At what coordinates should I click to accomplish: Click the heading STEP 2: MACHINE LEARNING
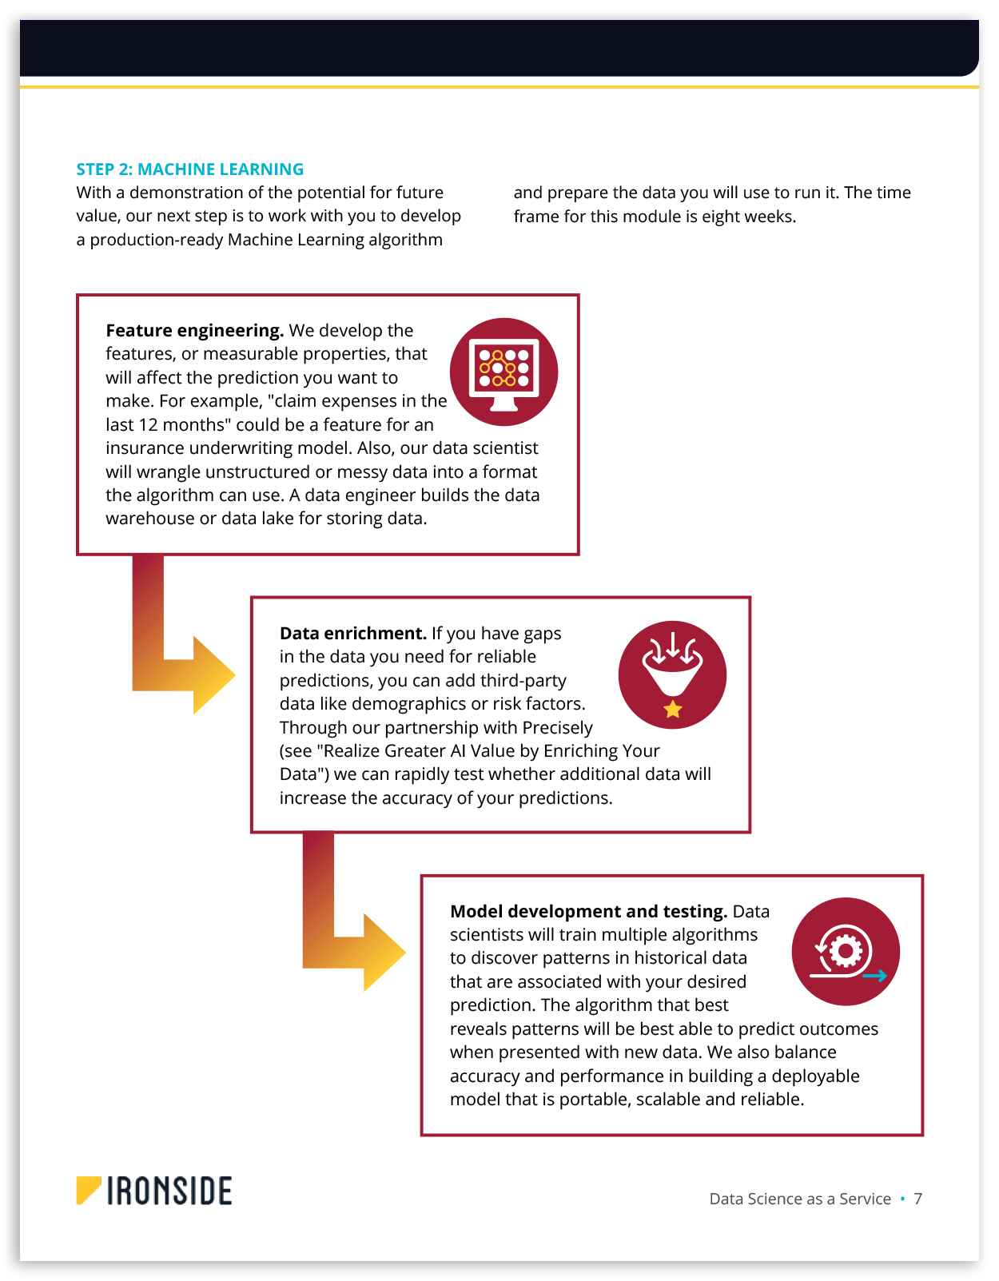click(189, 169)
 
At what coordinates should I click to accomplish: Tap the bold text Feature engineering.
click(194, 331)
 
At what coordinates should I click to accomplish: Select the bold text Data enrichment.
click(352, 634)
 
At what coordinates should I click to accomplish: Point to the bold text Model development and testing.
click(588, 912)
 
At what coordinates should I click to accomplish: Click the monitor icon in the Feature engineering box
click(503, 372)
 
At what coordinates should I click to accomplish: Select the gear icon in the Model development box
click(846, 951)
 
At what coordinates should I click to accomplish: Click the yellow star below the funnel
click(673, 709)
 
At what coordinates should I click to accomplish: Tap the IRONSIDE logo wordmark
click(169, 1191)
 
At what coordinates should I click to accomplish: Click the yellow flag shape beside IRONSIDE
click(87, 1189)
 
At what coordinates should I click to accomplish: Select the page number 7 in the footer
click(918, 1199)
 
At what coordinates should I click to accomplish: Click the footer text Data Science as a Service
click(800, 1199)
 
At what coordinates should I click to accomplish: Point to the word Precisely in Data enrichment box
click(557, 728)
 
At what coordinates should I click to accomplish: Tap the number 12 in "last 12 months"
click(149, 425)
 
